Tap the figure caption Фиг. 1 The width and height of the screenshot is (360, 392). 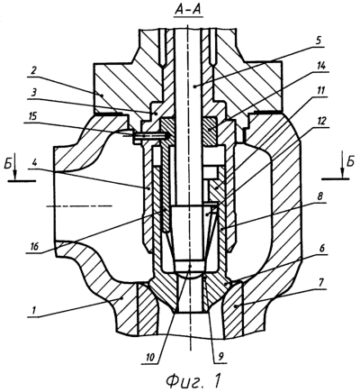[193, 380]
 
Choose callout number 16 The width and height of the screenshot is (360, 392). [34, 247]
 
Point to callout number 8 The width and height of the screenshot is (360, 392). [320, 198]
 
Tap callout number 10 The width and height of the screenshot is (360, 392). [150, 357]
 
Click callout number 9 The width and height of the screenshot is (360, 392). [221, 357]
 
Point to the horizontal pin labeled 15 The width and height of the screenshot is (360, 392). [150, 136]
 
